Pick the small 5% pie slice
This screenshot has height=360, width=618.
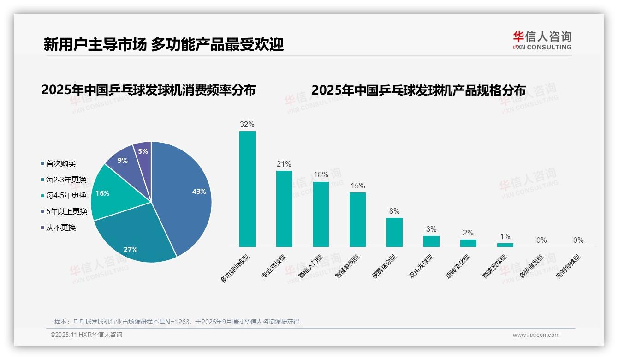click(x=143, y=151)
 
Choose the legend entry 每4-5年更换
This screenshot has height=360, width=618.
click(x=65, y=195)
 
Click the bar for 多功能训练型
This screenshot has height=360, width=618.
click(x=247, y=189)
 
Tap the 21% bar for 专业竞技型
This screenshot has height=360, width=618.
click(x=284, y=209)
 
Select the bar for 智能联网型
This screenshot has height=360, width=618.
click(x=357, y=220)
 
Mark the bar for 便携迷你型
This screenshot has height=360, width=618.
click(x=394, y=232)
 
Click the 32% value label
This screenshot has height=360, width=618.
click(x=247, y=125)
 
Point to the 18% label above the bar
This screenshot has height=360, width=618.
click(x=321, y=175)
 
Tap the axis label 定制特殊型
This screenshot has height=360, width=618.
click(x=568, y=267)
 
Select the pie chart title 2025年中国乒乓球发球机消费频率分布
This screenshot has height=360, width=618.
click(x=148, y=90)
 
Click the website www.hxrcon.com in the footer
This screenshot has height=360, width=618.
click(x=536, y=335)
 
